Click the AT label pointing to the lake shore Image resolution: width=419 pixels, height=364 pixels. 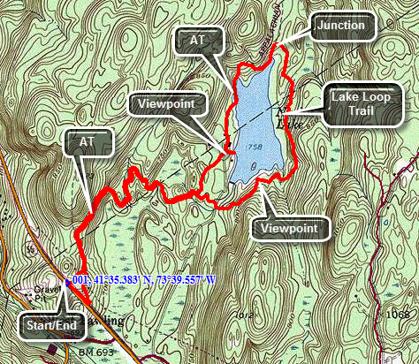click(x=195, y=40)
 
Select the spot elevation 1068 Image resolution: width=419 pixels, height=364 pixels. click(x=400, y=315)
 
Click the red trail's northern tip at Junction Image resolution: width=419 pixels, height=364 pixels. click(x=276, y=44)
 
